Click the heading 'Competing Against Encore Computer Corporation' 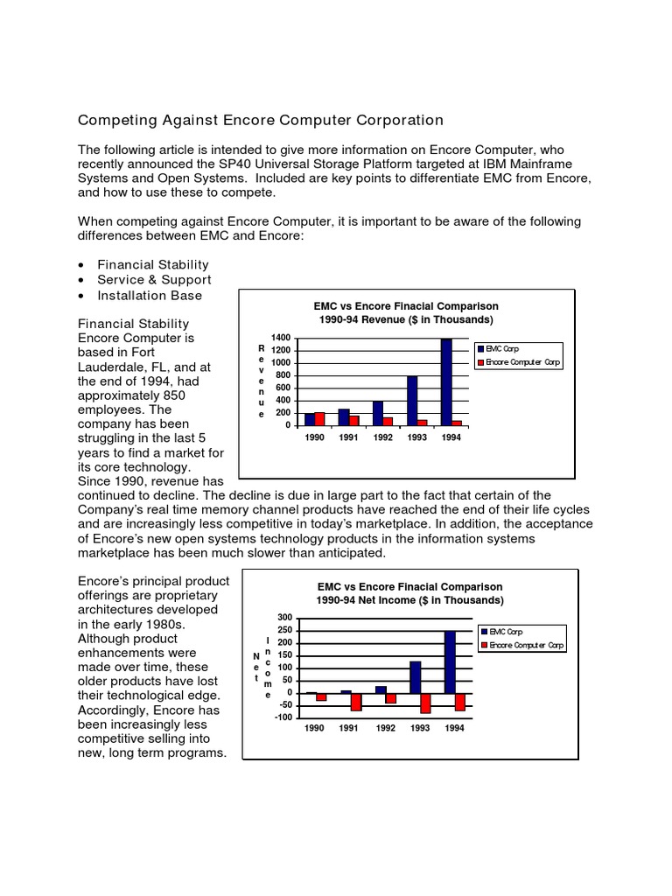coord(261,120)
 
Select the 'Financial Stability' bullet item coord(152,264)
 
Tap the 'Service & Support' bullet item coord(154,280)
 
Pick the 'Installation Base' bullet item coord(149,296)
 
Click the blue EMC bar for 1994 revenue coord(446,381)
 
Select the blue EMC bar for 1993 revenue coord(412,400)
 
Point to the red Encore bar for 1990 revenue coord(319,418)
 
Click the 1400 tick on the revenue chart coord(280,338)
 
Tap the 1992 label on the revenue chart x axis coord(383,437)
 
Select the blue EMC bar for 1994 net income coord(450,661)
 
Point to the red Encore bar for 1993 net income coord(425,703)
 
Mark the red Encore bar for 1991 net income coord(356,701)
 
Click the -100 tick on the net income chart coord(282,717)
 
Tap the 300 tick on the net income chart coord(283,618)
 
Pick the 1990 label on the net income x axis coord(315,728)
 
